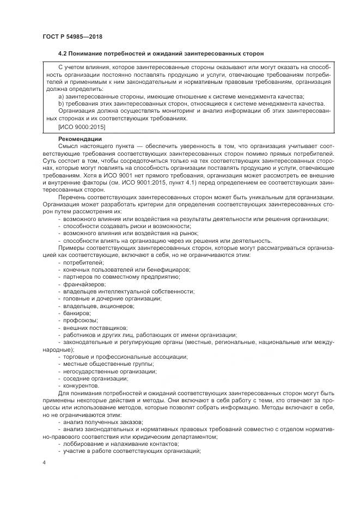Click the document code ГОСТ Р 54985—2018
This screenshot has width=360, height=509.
point(72,36)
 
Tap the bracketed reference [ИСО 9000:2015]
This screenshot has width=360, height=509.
point(81,127)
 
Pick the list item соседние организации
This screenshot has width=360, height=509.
point(95,378)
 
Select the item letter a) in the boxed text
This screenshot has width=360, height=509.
point(61,96)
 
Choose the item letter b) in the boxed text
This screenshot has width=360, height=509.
point(61,103)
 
